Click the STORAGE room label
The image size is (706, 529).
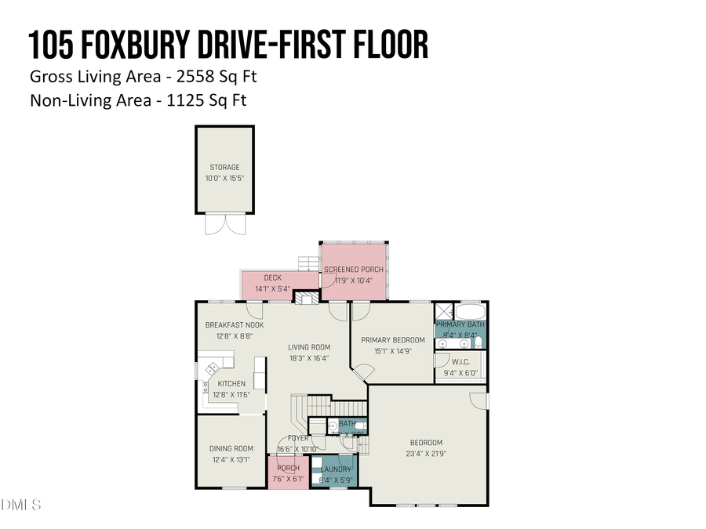(224, 167)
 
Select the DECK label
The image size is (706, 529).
(272, 277)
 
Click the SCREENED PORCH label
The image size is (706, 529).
(354, 270)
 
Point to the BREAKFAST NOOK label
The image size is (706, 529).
(235, 324)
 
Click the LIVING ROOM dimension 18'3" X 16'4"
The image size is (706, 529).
(308, 358)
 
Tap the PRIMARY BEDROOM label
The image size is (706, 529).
(393, 340)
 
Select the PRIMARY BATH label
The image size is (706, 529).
(460, 324)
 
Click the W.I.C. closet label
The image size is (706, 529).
(460, 362)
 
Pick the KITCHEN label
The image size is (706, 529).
(231, 383)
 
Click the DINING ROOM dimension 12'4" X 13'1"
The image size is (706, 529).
(231, 459)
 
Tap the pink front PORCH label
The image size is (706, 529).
(287, 469)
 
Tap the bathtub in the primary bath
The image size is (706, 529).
(471, 310)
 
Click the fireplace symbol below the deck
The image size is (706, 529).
(309, 299)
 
